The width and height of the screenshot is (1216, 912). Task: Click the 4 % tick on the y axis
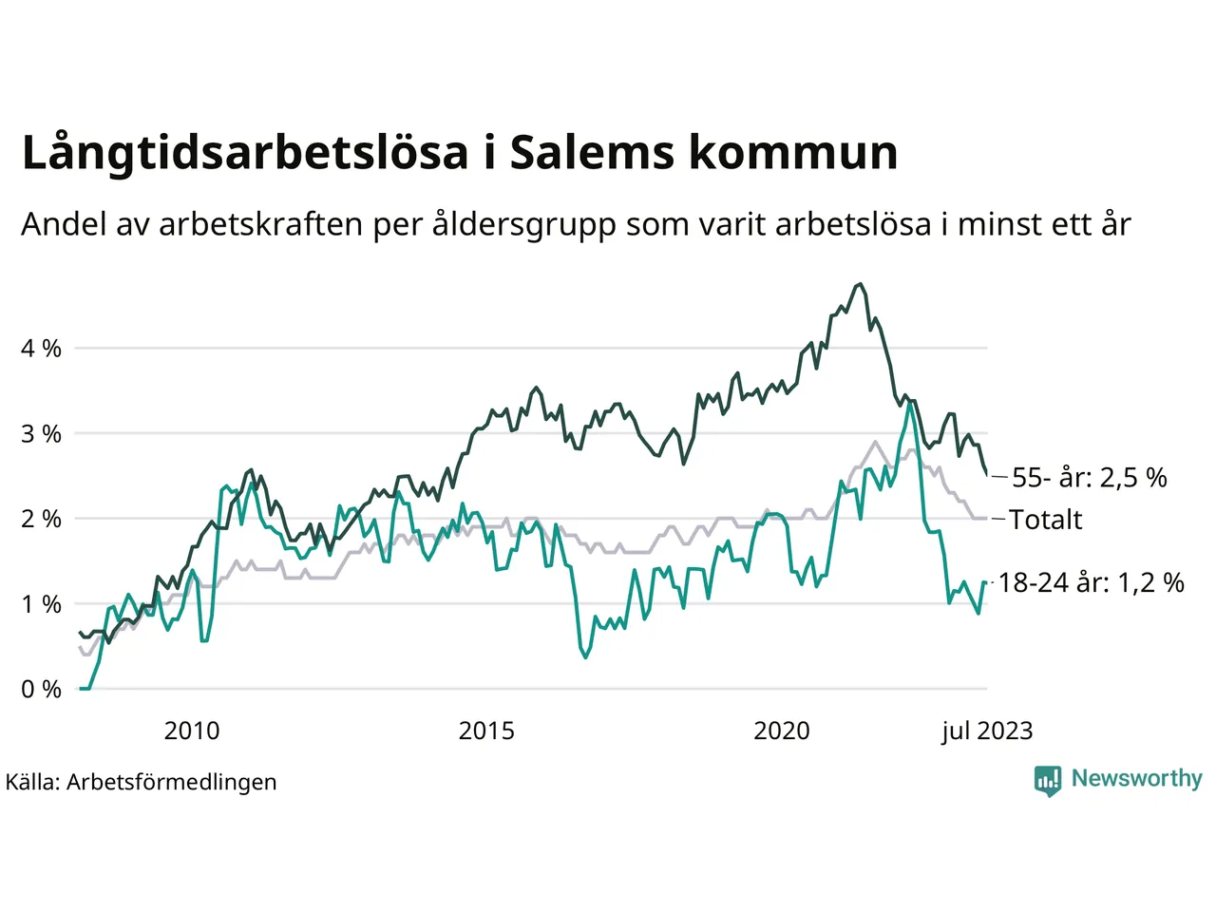(x=41, y=349)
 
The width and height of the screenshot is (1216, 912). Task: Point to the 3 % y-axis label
(x=41, y=434)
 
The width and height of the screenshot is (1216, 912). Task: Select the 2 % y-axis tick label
(x=41, y=519)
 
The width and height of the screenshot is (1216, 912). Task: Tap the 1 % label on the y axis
(x=41, y=604)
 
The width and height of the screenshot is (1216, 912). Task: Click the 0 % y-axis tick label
(x=41, y=690)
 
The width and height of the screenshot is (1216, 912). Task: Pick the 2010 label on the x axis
(x=191, y=731)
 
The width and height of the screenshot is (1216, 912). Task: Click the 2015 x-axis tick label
(x=486, y=731)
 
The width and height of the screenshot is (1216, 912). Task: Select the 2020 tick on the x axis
(x=781, y=731)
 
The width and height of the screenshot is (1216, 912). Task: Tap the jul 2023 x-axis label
(x=987, y=731)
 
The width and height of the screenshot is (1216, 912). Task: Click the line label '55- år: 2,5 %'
(x=1089, y=477)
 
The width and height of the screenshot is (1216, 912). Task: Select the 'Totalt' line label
(x=1045, y=520)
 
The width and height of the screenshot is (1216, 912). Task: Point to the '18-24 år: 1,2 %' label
(x=1091, y=582)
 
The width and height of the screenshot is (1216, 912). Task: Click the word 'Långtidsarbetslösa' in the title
(x=245, y=153)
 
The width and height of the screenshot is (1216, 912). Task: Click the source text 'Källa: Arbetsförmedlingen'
(x=142, y=782)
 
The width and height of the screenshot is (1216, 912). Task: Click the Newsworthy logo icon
(x=1048, y=780)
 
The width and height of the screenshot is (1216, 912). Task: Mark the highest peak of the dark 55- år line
(x=860, y=283)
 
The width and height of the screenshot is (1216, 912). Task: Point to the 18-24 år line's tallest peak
(x=910, y=402)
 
